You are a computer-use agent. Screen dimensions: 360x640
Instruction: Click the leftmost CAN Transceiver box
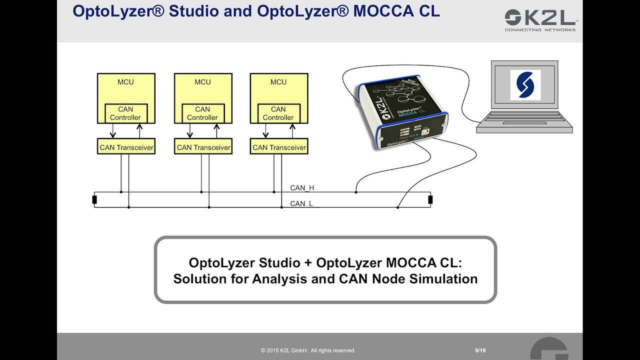126,147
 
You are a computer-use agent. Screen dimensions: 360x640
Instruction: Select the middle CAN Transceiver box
203,147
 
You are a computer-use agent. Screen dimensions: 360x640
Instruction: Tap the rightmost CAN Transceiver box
279,147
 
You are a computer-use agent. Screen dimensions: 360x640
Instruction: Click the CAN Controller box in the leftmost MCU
125,113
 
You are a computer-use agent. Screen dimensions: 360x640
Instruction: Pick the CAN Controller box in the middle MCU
202,113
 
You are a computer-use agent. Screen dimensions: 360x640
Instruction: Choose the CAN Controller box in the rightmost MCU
278,113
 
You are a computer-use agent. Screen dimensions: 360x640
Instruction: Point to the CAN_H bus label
302,188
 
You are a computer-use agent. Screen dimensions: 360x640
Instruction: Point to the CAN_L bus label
301,203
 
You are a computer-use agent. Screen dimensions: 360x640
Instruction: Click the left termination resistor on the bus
94,200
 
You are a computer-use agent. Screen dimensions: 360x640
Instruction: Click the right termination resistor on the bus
430,200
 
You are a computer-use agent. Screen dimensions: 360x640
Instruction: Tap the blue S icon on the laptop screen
525,84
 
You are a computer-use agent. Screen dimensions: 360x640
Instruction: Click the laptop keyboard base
524,122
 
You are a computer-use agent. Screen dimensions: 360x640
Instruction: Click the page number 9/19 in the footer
480,350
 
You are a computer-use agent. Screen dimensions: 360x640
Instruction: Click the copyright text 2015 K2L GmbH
308,350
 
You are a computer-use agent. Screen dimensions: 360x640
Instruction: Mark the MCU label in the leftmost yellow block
125,82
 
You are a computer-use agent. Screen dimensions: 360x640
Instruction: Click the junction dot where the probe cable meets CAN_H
356,191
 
